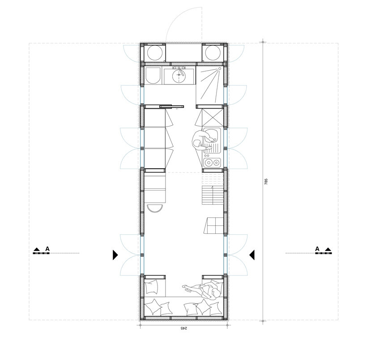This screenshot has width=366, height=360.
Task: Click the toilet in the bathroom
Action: point(153,76)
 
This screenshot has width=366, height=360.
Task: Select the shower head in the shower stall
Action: point(219,68)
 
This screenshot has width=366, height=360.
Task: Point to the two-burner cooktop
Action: point(212,162)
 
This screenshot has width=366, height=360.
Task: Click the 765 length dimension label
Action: point(266,182)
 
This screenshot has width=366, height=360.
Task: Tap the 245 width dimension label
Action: point(184,328)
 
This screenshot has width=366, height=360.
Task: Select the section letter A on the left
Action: point(47,249)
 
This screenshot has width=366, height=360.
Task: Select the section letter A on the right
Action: point(317,249)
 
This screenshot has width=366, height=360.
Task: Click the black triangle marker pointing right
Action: point(115,255)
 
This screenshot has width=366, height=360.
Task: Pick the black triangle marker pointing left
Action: point(252,255)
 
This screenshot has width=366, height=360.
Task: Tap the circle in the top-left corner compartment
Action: point(155,53)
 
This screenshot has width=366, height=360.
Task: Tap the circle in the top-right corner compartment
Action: point(213,53)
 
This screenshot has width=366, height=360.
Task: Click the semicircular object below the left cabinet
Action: point(155,208)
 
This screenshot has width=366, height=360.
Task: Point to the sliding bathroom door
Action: point(172,106)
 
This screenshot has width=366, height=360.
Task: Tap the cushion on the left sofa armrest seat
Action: point(151,287)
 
